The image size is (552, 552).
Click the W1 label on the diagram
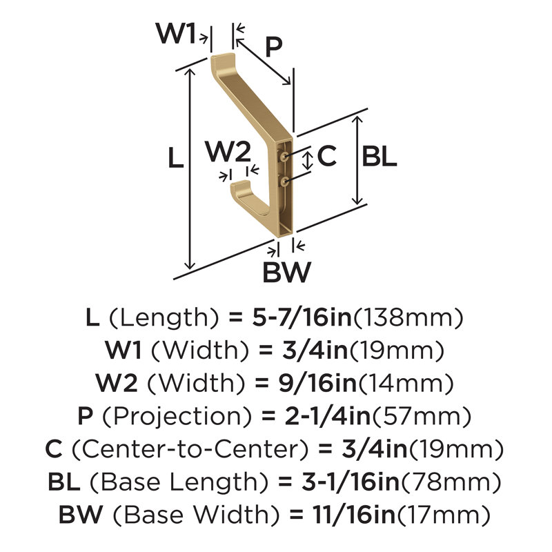tap(176, 33)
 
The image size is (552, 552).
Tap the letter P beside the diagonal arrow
tap(273, 47)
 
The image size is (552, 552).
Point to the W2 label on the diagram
tap(228, 151)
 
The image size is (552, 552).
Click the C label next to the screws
tap(326, 156)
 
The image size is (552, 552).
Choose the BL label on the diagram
tap(379, 157)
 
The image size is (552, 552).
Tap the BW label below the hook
tap(287, 272)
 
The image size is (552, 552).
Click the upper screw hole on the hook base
tap(284, 156)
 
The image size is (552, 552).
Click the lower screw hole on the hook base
tap(284, 181)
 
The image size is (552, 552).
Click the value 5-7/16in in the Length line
tap(302, 317)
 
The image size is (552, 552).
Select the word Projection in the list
tap(177, 416)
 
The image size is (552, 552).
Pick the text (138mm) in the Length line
tap(408, 317)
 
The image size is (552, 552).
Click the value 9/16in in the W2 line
tap(317, 383)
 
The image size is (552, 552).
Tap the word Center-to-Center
tap(190, 449)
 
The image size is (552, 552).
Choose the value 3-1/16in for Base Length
tap(351, 482)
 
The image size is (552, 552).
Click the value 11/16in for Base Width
tap(354, 515)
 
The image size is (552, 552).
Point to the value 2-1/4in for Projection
tap(327, 416)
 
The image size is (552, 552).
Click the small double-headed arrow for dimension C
tap(308, 161)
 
